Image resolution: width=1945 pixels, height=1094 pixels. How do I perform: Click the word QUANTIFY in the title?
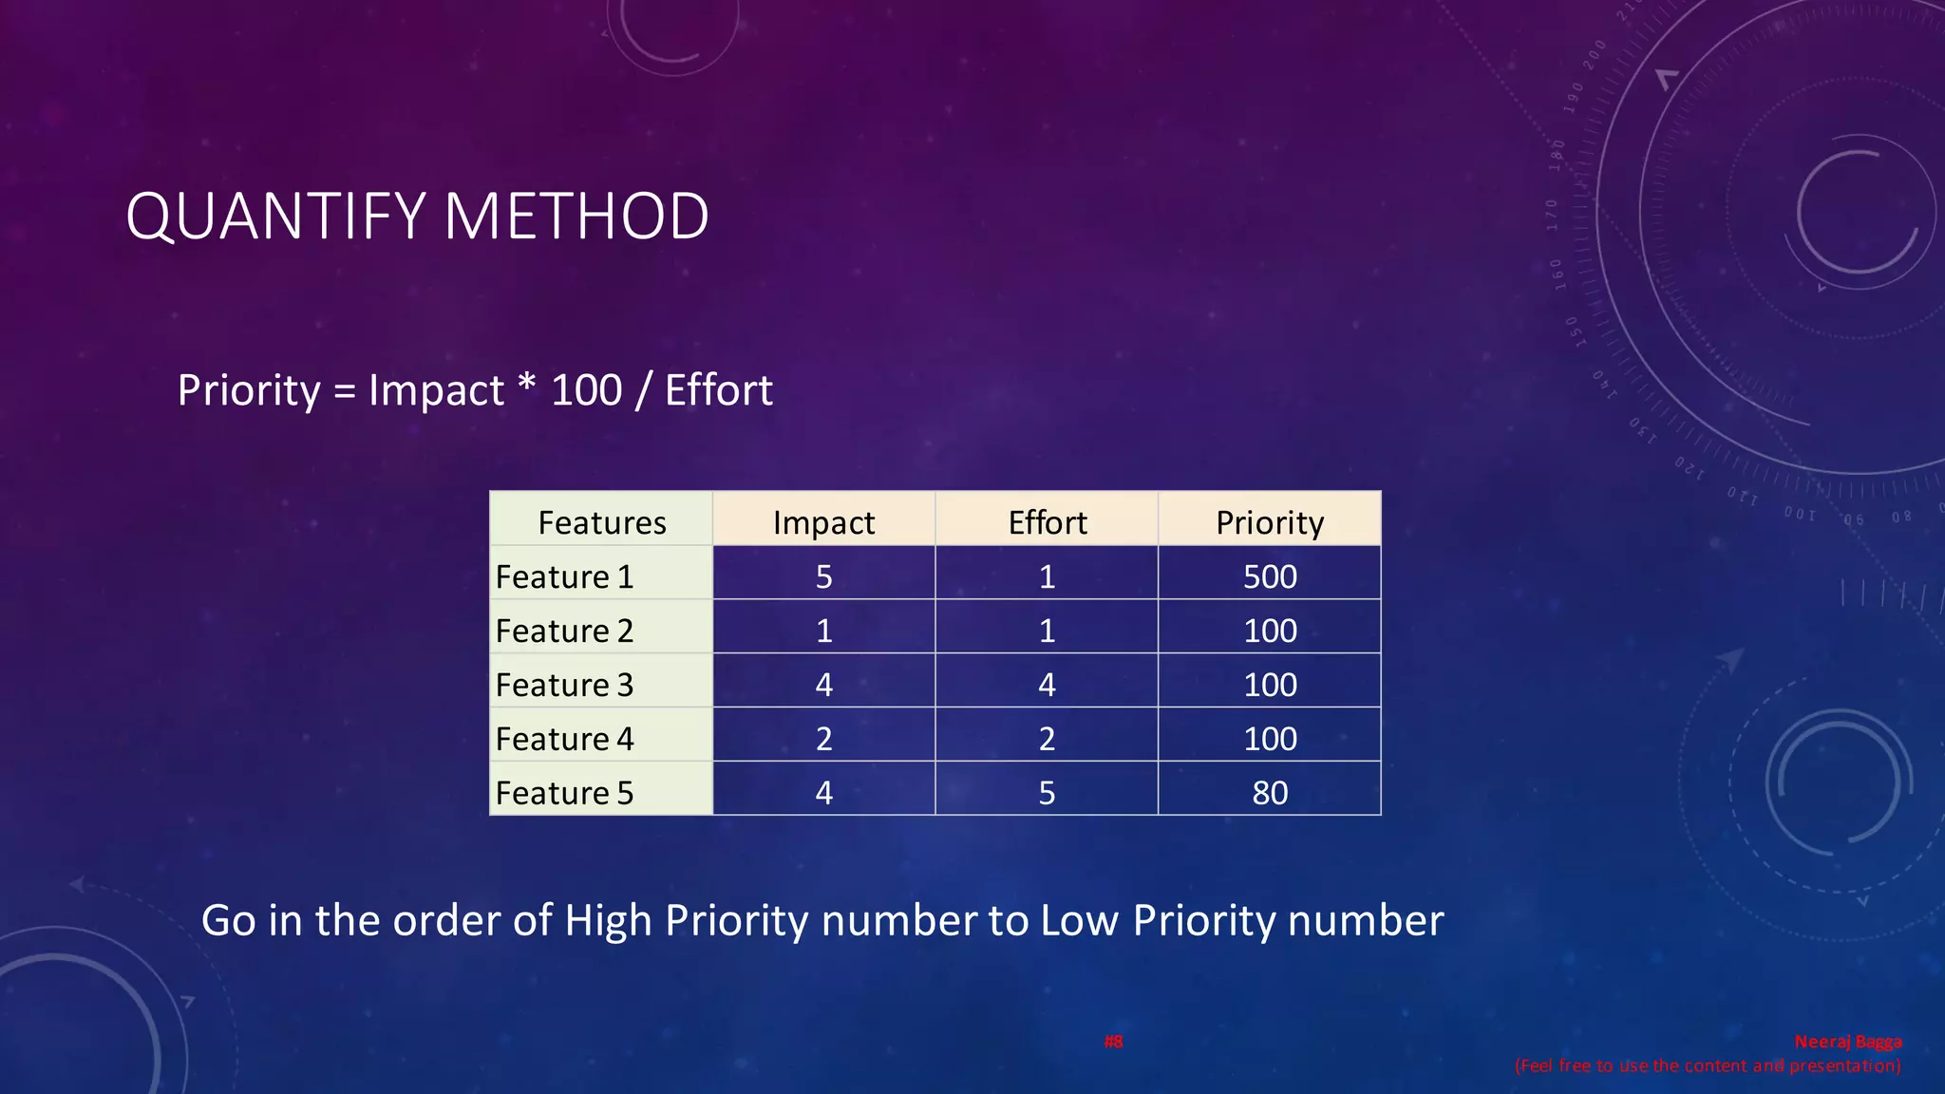click(x=275, y=217)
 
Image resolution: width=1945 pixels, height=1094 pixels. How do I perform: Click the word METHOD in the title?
click(x=576, y=217)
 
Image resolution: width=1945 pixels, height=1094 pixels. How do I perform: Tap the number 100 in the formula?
click(x=586, y=390)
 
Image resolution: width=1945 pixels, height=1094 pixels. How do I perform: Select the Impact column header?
click(x=823, y=521)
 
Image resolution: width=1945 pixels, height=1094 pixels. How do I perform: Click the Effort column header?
click(x=1047, y=521)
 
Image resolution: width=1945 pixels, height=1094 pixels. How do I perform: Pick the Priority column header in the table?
click(x=1270, y=521)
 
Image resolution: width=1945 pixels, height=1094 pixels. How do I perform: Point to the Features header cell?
click(x=601, y=521)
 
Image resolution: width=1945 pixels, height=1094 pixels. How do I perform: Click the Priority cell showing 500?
click(x=1270, y=576)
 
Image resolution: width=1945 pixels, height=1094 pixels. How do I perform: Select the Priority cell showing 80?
click(x=1270, y=792)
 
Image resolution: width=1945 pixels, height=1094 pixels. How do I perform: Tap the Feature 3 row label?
click(x=564, y=685)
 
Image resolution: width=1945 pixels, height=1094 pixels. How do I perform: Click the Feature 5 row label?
click(x=564, y=792)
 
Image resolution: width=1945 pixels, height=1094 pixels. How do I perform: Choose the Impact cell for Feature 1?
click(x=823, y=576)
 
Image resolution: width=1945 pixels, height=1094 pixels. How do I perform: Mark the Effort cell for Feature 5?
click(x=1047, y=792)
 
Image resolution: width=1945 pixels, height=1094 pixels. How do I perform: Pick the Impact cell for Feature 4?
click(x=823, y=739)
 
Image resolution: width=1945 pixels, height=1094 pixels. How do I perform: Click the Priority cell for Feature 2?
click(x=1270, y=631)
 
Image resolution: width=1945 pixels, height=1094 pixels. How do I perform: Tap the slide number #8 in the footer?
click(x=1113, y=1042)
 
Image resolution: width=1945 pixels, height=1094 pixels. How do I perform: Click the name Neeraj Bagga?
click(x=1847, y=1042)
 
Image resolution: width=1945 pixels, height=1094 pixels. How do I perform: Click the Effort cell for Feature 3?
click(x=1047, y=685)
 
